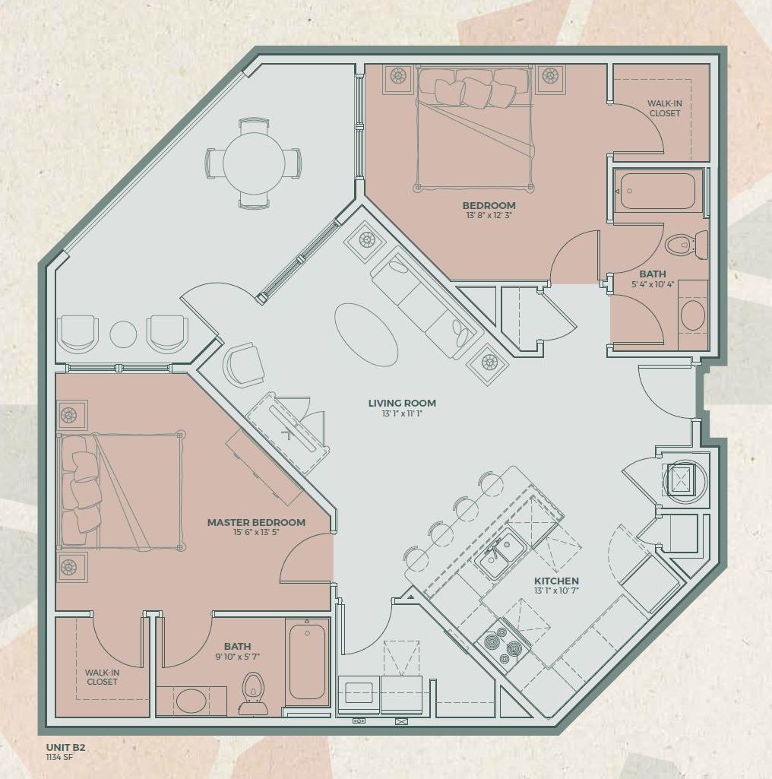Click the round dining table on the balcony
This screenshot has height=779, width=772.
coord(254,163)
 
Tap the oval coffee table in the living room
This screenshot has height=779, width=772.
coord(365,335)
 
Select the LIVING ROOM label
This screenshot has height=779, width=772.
coord(402,403)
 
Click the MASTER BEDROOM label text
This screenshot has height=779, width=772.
coord(256,522)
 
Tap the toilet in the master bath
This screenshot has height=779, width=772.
coord(253,692)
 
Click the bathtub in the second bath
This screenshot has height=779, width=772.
coord(658,191)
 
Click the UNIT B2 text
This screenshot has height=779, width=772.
coord(65,748)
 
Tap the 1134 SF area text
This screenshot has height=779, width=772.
coord(61,757)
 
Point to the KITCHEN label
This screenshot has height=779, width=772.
coord(556,581)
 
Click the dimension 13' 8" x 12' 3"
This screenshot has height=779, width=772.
coord(489,216)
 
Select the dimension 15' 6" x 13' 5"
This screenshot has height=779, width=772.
coord(256,533)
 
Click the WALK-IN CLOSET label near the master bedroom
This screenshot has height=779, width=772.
coord(101,677)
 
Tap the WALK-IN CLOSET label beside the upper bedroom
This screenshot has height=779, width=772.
coord(664,109)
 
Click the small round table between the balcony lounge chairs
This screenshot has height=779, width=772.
coord(123,334)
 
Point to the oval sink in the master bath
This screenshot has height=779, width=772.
coord(191,701)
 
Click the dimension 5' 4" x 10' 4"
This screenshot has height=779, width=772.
coord(652,284)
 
